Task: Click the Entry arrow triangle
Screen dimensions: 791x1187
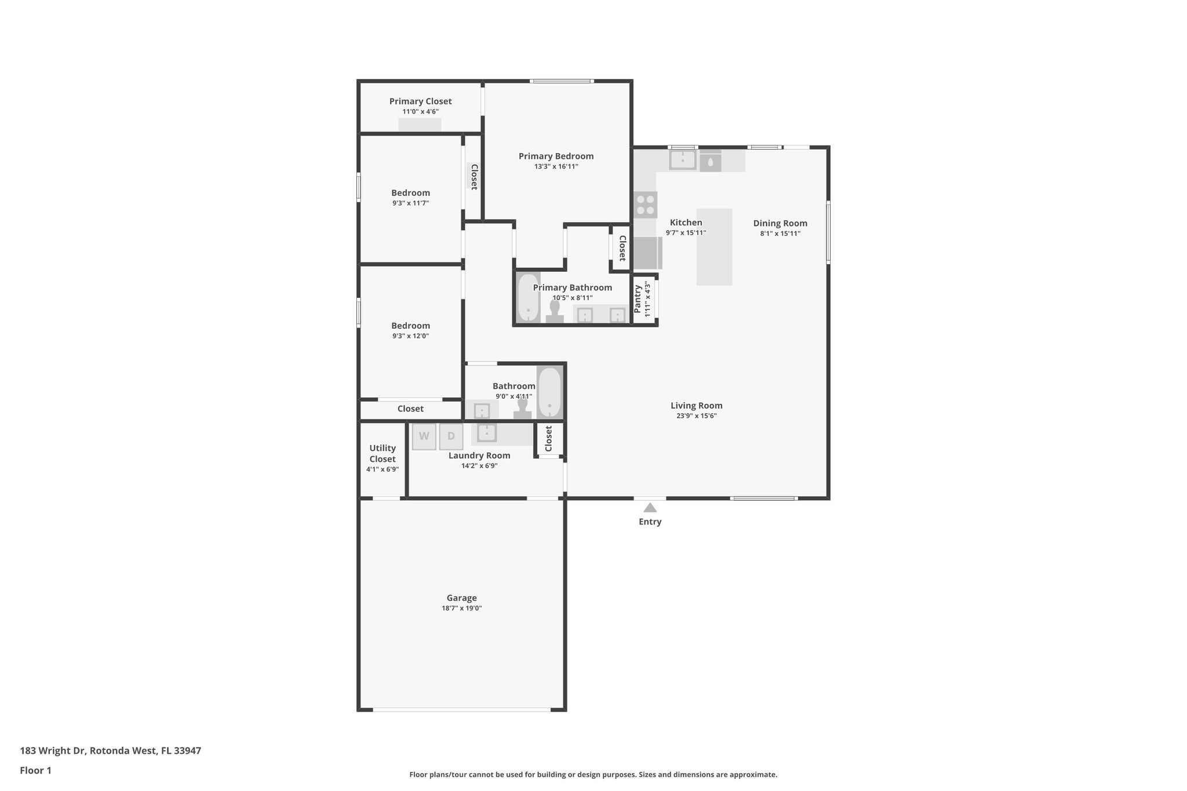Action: click(650, 508)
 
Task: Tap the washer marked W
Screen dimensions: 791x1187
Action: click(424, 436)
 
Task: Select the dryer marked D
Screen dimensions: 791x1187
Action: click(451, 436)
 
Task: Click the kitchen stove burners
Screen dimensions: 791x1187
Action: click(645, 205)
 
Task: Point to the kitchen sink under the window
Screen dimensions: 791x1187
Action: click(683, 159)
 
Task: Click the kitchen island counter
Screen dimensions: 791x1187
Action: click(714, 247)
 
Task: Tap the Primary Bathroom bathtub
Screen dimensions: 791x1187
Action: click(528, 297)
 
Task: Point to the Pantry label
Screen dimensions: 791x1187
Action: click(638, 298)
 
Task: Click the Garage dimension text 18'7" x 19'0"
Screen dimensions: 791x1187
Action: click(461, 608)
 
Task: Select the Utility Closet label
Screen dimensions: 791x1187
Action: click(383, 453)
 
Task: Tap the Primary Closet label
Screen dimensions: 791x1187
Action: click(420, 101)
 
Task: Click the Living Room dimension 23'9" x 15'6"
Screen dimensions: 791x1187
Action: click(696, 415)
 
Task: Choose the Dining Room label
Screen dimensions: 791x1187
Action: click(780, 223)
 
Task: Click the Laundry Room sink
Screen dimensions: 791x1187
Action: click(486, 432)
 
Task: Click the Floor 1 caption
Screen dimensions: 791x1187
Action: click(35, 770)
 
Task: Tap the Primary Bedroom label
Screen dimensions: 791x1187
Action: click(556, 156)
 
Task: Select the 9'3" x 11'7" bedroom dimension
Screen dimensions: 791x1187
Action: click(410, 203)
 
